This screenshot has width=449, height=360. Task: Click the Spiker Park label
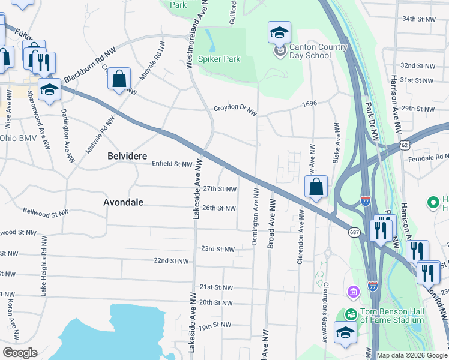click(220, 59)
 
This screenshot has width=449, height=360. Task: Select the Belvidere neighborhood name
click(127, 155)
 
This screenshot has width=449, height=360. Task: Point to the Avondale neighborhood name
click(123, 202)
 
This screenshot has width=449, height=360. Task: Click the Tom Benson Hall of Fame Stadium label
click(393, 316)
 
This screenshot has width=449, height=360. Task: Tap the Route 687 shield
click(354, 232)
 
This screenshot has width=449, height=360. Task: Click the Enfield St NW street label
click(172, 163)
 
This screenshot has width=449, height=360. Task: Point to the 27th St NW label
click(219, 188)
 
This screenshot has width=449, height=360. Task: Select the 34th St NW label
click(418, 19)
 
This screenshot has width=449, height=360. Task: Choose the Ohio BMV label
click(19, 138)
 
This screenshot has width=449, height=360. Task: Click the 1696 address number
click(309, 104)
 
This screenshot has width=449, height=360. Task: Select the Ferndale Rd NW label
click(428, 157)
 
